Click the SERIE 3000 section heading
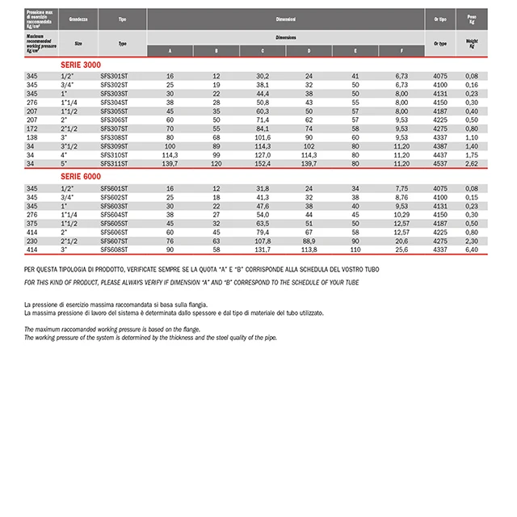(x=82, y=64)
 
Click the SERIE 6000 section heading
(x=82, y=175)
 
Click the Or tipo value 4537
(x=441, y=164)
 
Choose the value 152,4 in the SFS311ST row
(x=263, y=164)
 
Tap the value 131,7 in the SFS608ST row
(x=263, y=251)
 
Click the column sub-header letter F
(x=401, y=50)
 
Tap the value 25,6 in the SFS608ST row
(x=401, y=251)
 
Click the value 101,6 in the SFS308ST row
(x=263, y=137)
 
